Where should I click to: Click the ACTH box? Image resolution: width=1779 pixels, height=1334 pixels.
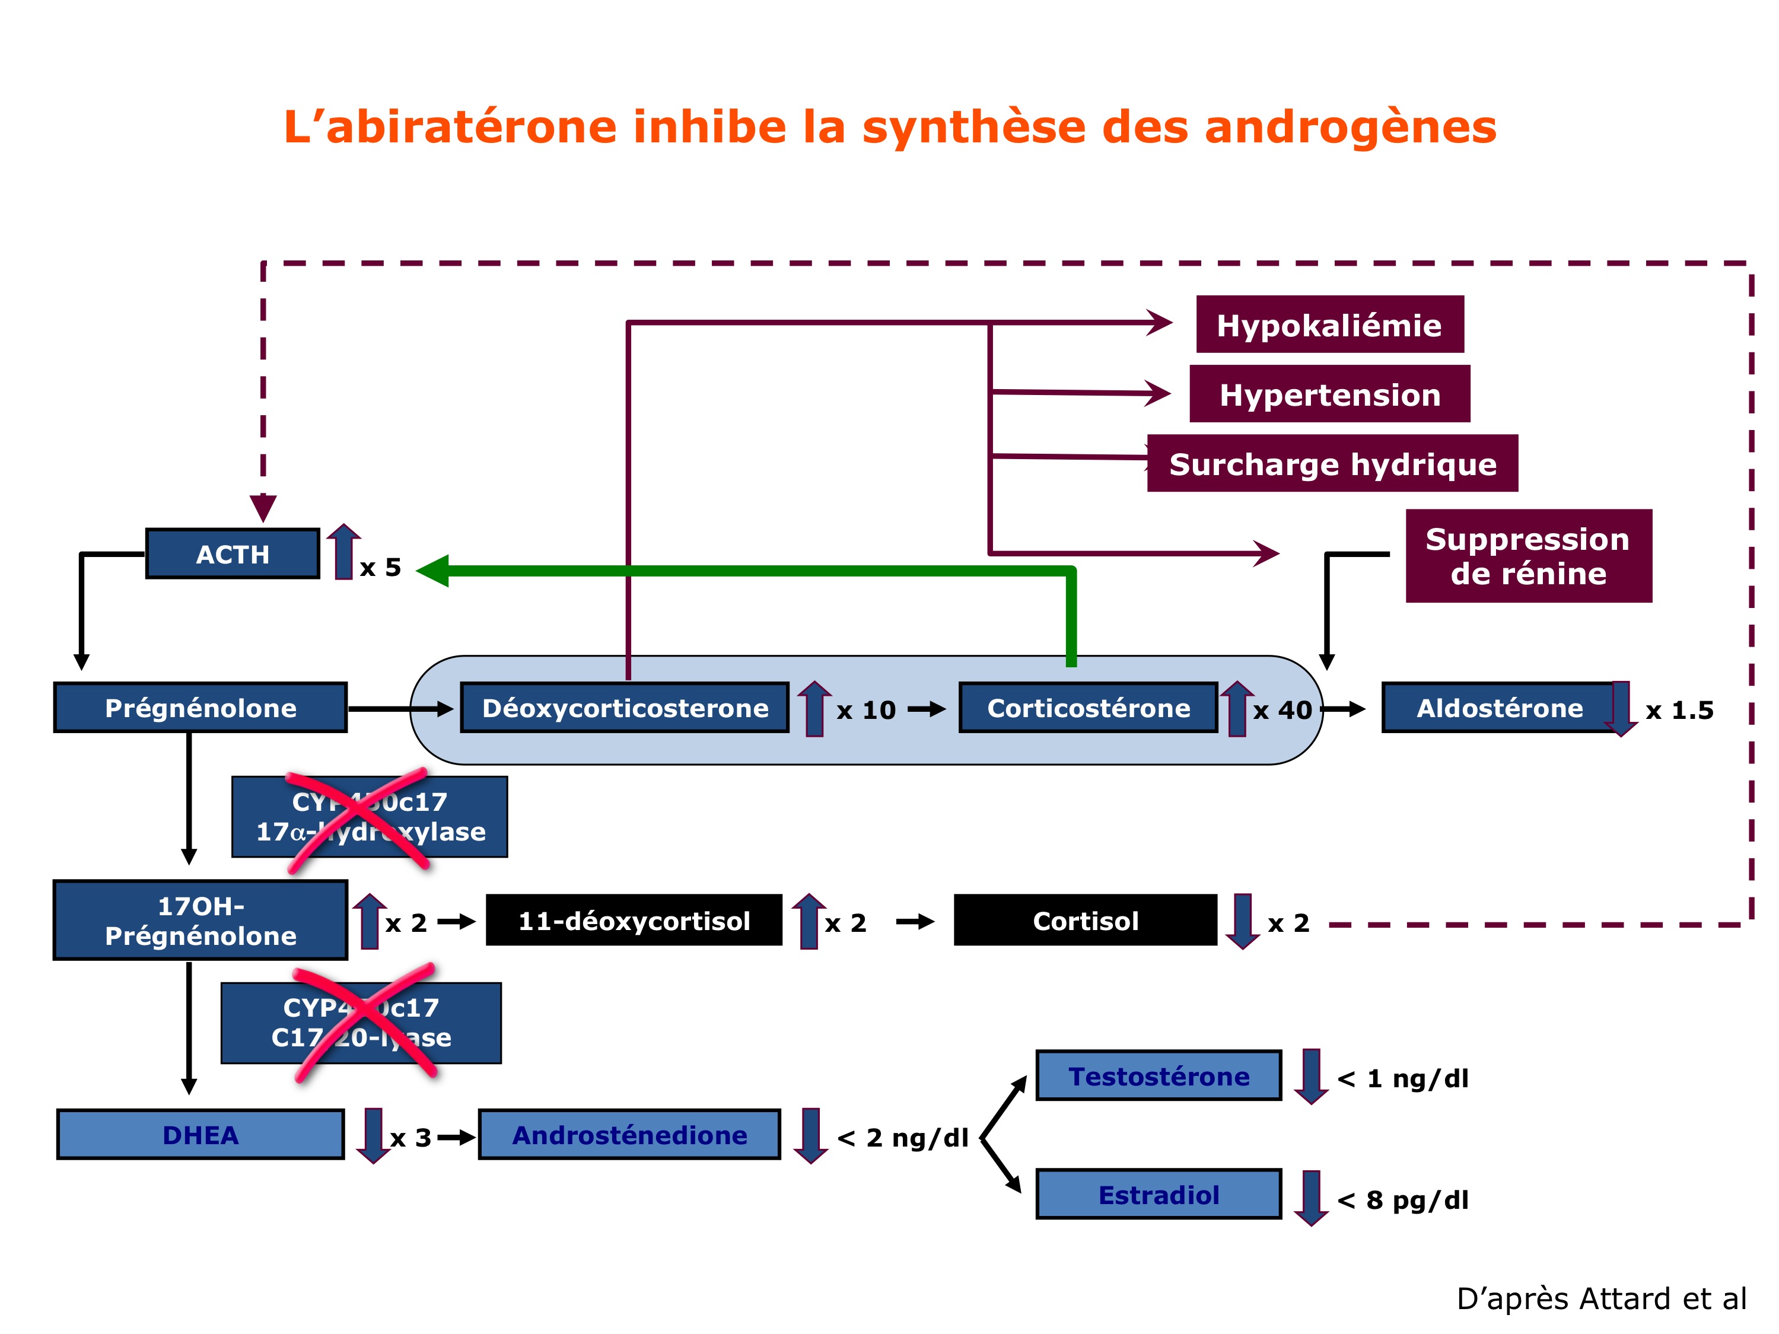[233, 554]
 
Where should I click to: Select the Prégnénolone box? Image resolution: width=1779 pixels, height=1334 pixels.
[201, 708]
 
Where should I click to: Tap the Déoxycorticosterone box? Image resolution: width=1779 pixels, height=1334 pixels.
[624, 708]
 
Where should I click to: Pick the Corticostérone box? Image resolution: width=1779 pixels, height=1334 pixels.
[1088, 708]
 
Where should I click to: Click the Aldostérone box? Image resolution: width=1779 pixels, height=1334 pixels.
[1499, 708]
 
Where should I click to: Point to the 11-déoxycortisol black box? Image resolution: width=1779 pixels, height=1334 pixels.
[634, 920]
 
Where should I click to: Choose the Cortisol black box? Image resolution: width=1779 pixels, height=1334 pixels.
[1085, 920]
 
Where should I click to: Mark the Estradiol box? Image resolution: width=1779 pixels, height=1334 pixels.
[1158, 1194]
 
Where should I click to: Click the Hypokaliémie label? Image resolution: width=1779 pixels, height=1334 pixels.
[1329, 325]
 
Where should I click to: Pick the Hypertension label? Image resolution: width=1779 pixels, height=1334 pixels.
[1329, 394]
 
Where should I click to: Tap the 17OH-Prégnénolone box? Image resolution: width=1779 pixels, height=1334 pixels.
[201, 920]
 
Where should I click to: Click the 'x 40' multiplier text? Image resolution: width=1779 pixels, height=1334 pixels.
[1282, 710]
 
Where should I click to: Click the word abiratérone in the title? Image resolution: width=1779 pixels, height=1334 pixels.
[471, 127]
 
